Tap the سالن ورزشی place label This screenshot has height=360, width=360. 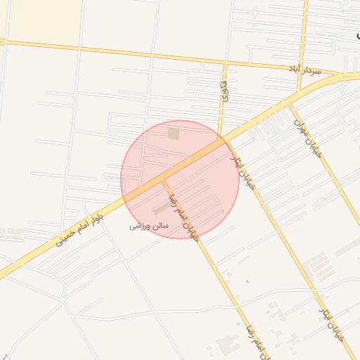tap(148, 226)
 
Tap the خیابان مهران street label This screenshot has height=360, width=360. tap(307, 137)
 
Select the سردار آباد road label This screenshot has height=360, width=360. tap(304, 70)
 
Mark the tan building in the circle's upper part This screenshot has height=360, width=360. tap(173, 133)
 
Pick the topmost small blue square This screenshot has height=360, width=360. tap(247, 282)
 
